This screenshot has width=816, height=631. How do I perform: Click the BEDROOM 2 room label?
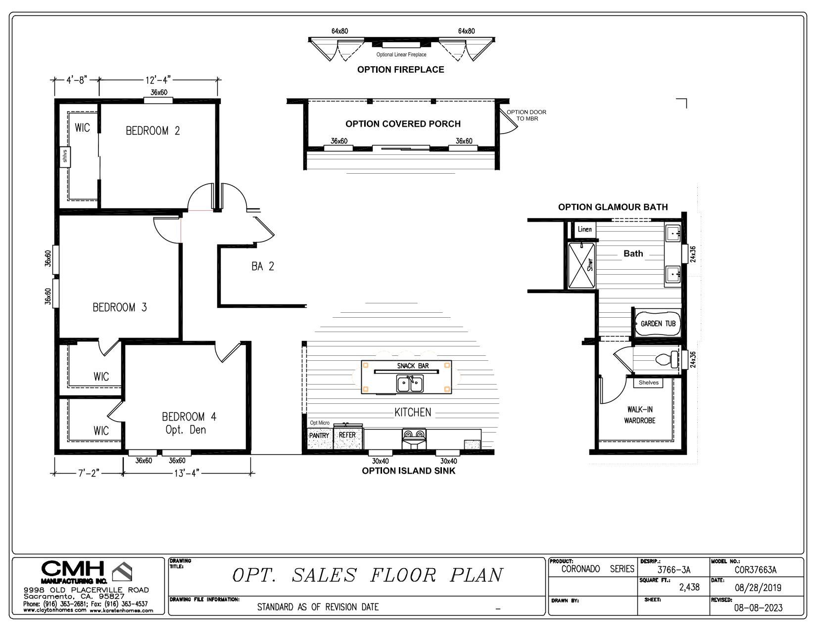[152, 131]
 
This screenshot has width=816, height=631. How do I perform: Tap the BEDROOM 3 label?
[120, 307]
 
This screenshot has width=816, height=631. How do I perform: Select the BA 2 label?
[262, 266]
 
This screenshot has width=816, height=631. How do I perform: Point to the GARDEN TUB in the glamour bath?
[658, 324]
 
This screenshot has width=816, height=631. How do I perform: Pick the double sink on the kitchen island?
[410, 384]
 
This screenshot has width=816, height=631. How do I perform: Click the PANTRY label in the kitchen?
[319, 436]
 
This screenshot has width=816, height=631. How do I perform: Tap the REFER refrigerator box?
[347, 435]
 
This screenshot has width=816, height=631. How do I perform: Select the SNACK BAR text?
[413, 366]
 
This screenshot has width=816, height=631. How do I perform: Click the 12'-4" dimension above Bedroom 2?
[158, 80]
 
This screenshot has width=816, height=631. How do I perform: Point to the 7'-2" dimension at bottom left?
[89, 473]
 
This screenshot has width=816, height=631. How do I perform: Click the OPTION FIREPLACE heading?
[401, 70]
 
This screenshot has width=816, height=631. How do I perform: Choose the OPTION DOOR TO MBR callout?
[527, 115]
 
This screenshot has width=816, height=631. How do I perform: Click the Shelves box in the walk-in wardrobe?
[648, 383]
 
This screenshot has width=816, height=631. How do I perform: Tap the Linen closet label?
[584, 229]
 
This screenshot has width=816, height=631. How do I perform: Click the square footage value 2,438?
[689, 587]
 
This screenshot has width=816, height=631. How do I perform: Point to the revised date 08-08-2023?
[759, 608]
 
